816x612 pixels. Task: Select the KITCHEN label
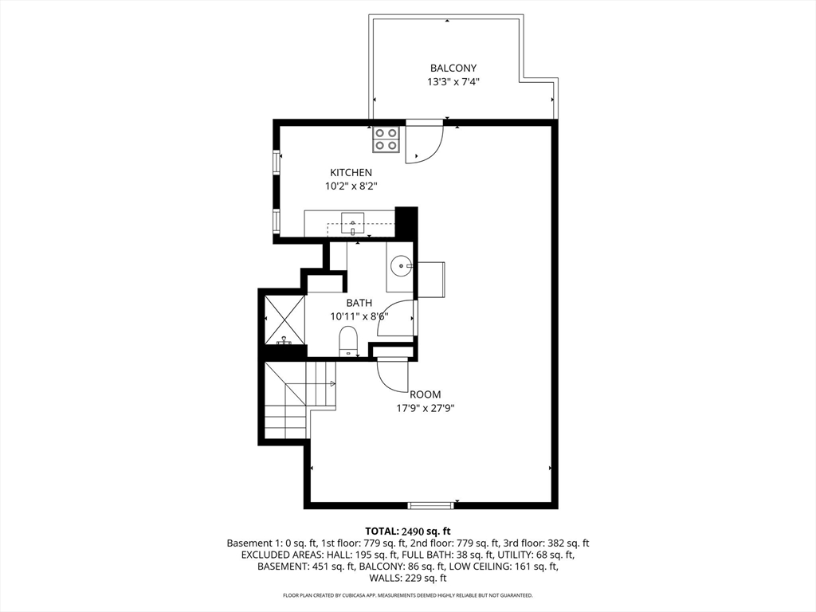(351, 173)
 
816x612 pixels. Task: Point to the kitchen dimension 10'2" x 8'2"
(351, 186)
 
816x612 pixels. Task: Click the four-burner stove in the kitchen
(386, 140)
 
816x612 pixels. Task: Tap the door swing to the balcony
(424, 143)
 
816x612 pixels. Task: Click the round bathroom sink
(402, 266)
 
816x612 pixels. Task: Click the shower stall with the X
(284, 320)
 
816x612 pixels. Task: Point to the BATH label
(359, 303)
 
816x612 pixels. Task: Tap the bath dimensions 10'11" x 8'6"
(359, 316)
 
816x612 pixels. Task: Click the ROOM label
(426, 395)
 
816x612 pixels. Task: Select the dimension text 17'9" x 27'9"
(426, 409)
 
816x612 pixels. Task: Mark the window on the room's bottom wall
(430, 504)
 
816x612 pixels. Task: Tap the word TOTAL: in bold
(382, 532)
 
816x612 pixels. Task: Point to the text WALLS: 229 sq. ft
(408, 579)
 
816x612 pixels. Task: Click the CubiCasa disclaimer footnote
(408, 595)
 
